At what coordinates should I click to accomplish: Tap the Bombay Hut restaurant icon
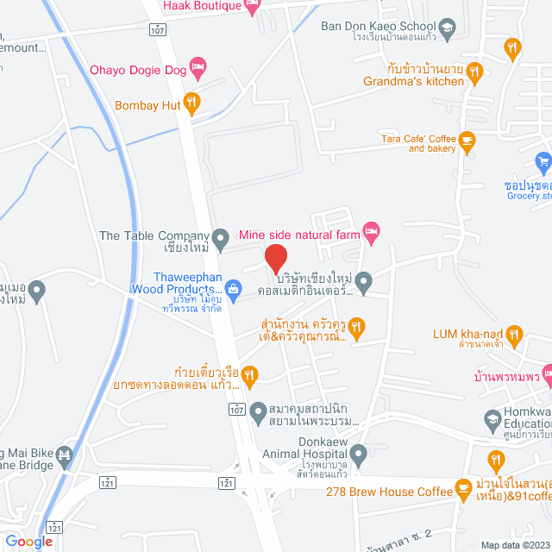(x=191, y=105)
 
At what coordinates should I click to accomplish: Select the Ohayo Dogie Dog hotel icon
(x=198, y=66)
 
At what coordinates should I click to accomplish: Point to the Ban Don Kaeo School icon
(x=447, y=29)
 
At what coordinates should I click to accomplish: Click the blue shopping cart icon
(x=543, y=160)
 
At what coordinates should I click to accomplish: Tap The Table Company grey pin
(x=221, y=235)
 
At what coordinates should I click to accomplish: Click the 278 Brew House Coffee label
(x=389, y=492)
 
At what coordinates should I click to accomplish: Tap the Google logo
(x=28, y=541)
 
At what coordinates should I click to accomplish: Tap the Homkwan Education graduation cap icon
(x=492, y=421)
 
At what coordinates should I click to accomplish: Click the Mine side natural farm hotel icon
(x=371, y=229)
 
